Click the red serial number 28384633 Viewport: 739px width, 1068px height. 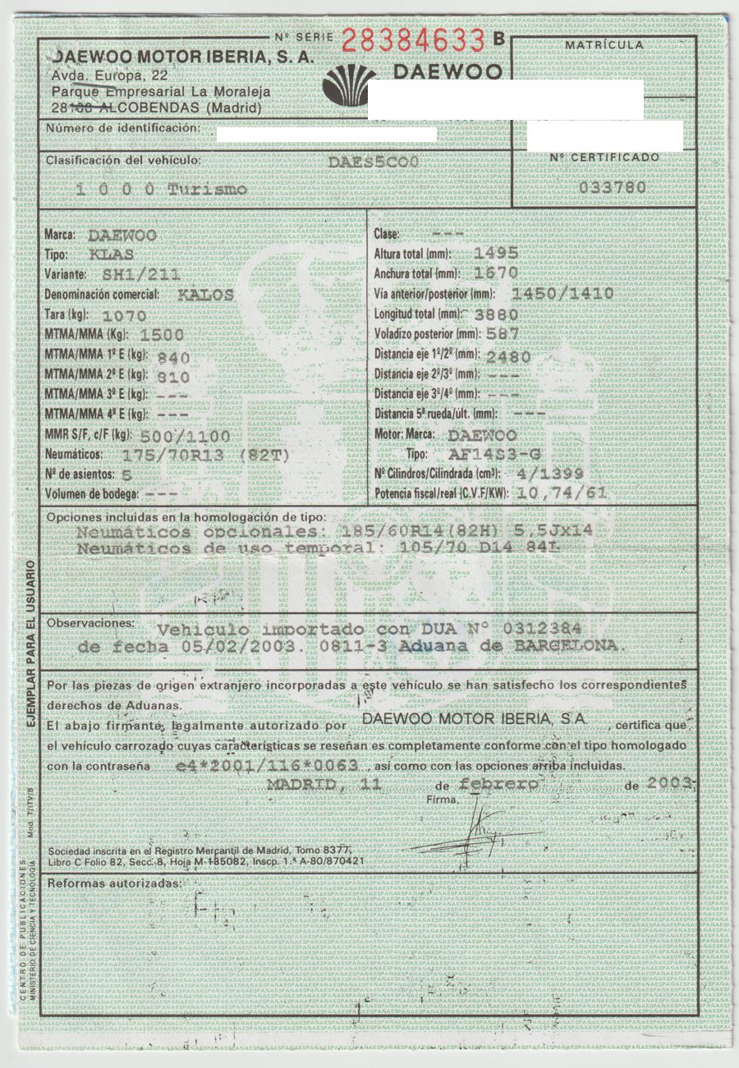[412, 39]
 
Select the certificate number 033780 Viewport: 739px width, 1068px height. [612, 187]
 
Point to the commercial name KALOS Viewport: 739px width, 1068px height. [205, 294]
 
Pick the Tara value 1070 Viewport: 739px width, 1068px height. [124, 314]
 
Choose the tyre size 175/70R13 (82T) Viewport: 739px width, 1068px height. [205, 455]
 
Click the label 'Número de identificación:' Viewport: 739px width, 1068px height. [123, 128]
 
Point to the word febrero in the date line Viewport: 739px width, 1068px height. [498, 784]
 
